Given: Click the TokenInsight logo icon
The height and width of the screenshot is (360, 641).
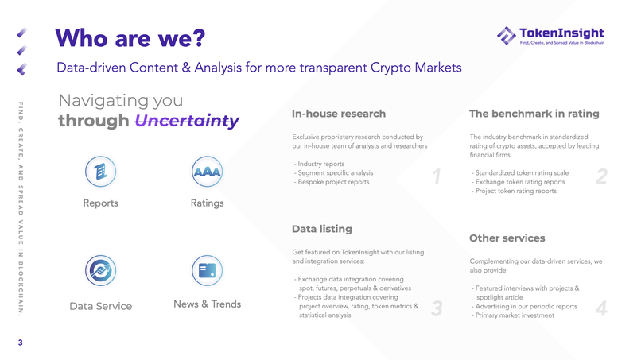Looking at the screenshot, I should (x=506, y=35).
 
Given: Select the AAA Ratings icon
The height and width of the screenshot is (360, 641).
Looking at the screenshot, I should (x=208, y=172).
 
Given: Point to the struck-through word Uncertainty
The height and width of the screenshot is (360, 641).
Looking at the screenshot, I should (x=187, y=121).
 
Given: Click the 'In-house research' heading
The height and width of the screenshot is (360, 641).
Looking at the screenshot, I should (x=339, y=114).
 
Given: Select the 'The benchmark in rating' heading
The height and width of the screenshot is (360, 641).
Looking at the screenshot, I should (x=534, y=114).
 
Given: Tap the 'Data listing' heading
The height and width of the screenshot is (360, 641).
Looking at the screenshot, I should (x=322, y=229).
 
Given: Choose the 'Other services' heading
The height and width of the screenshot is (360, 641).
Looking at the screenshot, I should (x=507, y=238).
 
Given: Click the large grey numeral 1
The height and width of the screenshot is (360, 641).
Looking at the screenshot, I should (x=436, y=176).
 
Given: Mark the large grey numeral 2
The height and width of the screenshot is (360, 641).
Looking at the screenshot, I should (x=600, y=177).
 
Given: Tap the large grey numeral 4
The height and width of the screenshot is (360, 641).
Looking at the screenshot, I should (x=600, y=309).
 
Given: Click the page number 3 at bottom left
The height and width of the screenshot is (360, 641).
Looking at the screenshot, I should (x=21, y=343).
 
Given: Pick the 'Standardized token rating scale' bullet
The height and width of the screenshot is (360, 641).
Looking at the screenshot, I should (x=520, y=172).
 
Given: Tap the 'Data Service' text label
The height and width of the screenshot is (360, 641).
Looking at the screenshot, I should (x=101, y=306).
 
